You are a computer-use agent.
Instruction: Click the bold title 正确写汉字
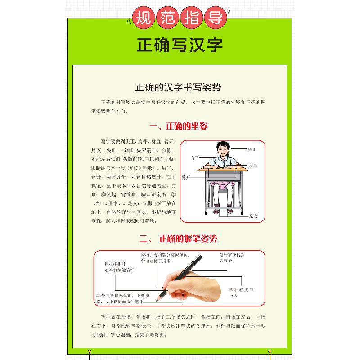180,45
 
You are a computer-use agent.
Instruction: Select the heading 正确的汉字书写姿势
180,87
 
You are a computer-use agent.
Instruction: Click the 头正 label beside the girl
252,148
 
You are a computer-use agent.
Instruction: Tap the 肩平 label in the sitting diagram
194,158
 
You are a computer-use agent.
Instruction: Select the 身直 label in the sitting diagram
253,165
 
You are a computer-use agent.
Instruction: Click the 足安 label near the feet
253,216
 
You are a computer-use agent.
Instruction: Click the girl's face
222,150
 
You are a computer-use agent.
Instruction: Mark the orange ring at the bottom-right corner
270,351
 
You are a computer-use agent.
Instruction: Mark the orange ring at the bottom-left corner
90,351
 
